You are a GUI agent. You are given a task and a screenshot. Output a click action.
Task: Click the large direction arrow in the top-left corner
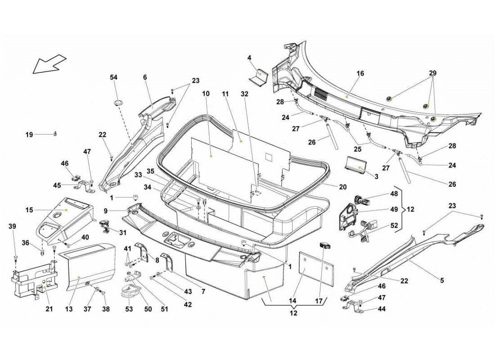coord(49,63)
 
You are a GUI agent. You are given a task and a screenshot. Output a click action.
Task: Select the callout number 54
coord(114,77)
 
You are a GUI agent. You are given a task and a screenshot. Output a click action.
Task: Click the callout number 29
coord(432,73)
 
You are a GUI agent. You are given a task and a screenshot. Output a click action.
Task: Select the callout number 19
coord(29,135)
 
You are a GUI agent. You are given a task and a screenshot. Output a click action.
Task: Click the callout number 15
coord(29,210)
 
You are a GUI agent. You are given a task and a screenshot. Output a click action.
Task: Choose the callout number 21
coord(49,309)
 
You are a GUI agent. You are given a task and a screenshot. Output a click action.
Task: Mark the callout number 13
coord(69,309)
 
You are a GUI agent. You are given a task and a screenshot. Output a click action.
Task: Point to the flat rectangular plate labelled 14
coord(317,269)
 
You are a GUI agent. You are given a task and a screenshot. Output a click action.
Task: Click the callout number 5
coord(442,280)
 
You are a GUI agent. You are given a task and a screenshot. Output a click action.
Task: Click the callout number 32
coord(244,94)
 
